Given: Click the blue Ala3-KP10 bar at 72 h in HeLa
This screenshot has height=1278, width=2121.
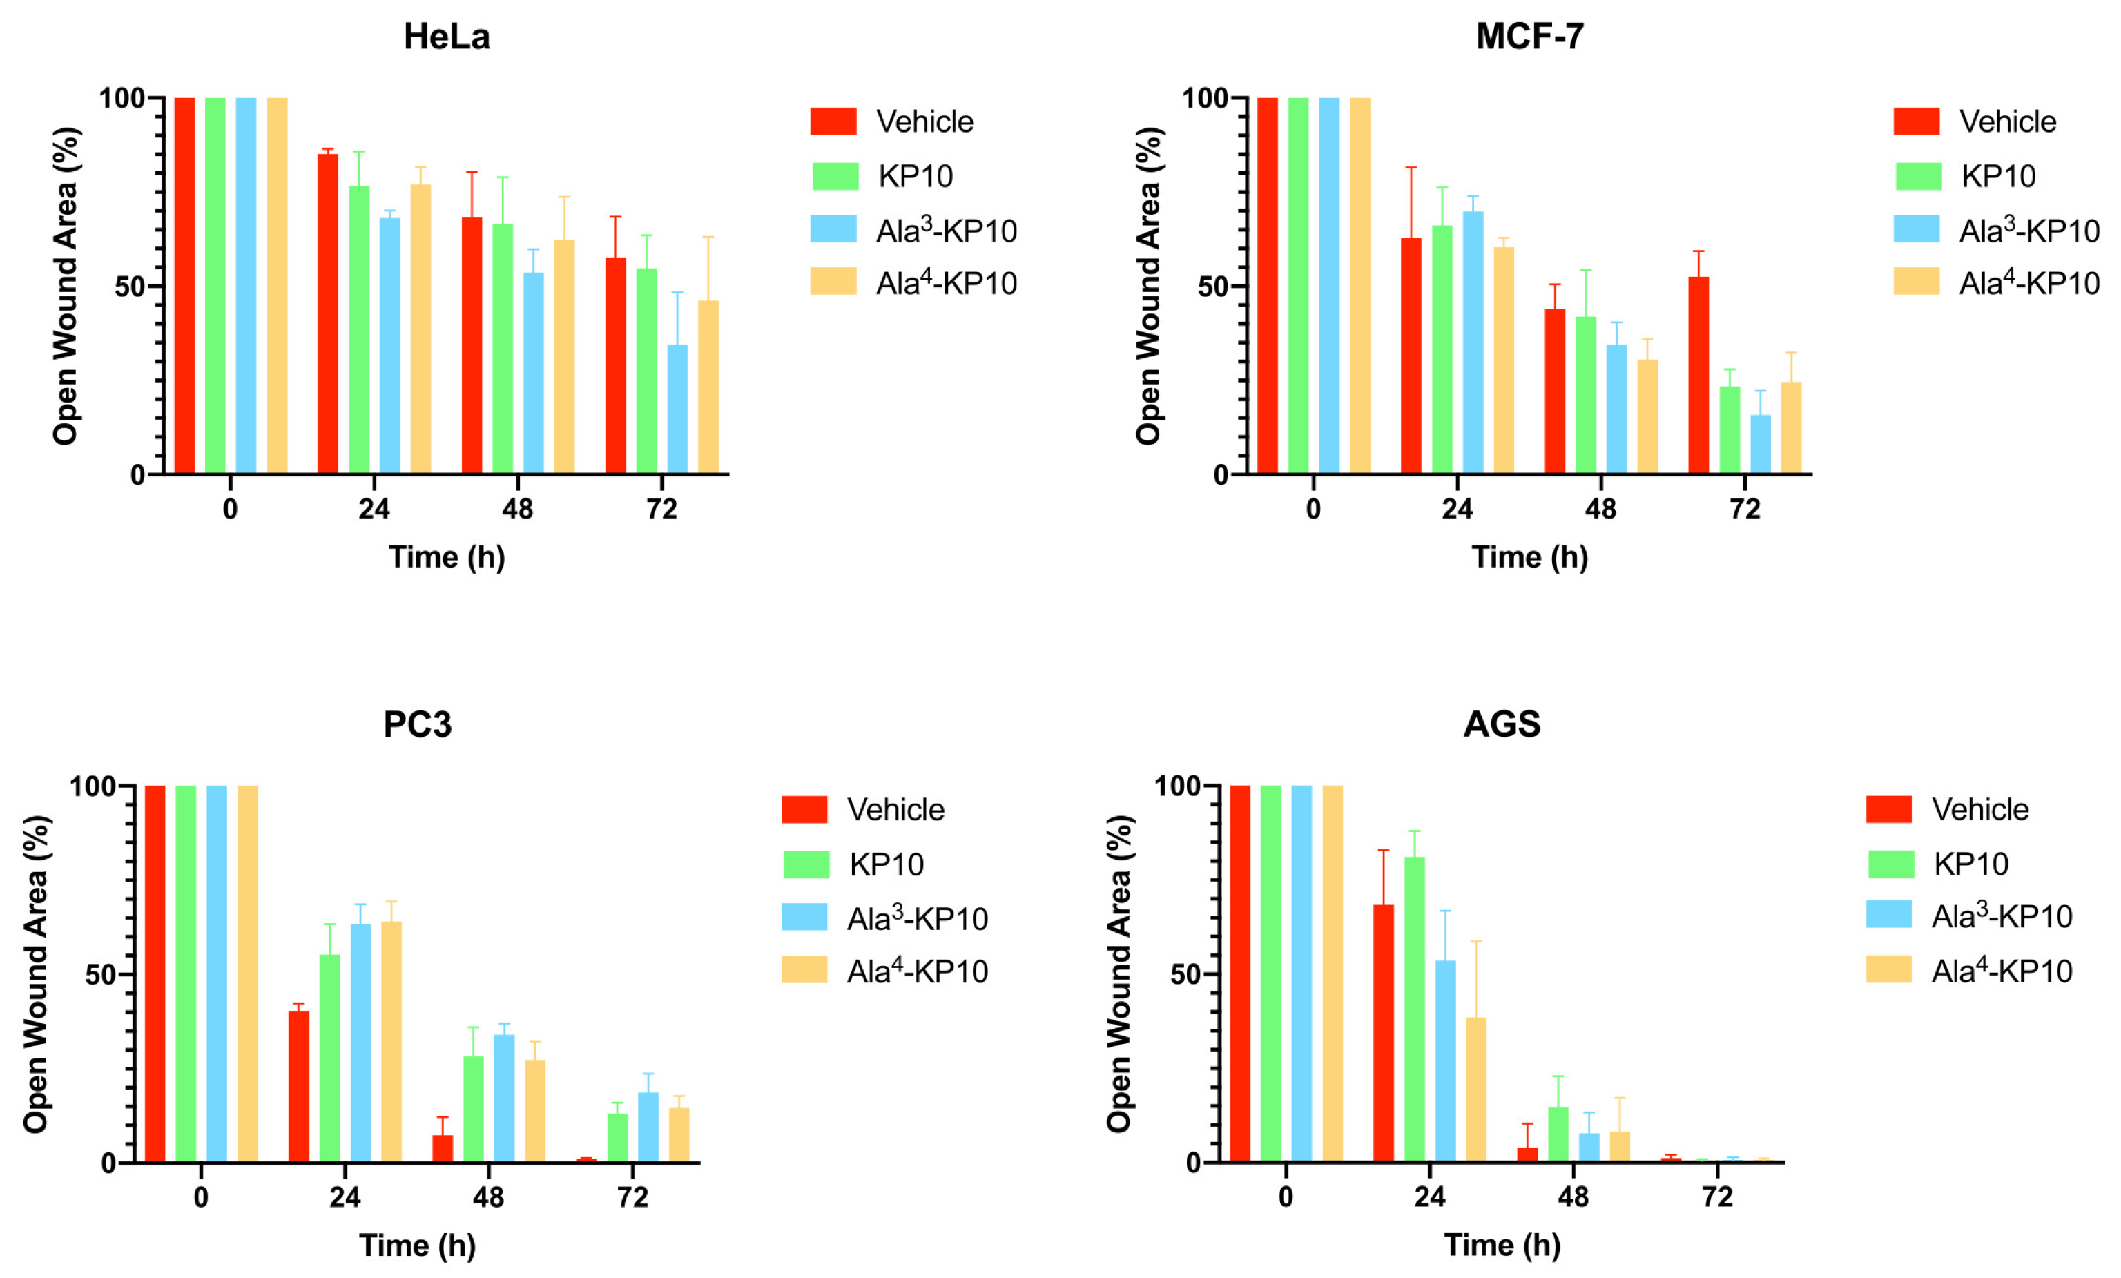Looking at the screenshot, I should pos(677,409).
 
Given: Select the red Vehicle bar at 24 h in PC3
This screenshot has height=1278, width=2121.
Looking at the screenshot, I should pos(299,1086).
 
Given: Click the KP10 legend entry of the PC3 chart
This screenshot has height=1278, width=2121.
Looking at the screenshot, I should pos(886,864).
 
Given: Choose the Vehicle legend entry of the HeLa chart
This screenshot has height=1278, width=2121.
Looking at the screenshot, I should pos(924,122).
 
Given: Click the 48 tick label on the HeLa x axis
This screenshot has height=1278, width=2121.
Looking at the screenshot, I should pos(517,510).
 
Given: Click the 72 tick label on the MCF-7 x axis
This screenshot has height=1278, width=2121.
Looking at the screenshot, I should pos(1745,510).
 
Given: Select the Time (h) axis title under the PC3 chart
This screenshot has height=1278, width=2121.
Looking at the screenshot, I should pos(418,1246).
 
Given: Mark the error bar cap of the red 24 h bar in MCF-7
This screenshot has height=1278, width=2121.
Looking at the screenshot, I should pos(1411,168).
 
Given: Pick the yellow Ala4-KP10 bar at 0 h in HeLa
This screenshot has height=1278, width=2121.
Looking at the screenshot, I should pos(277,286).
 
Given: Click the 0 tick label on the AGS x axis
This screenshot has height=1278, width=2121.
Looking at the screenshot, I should pos(1285,1197).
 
